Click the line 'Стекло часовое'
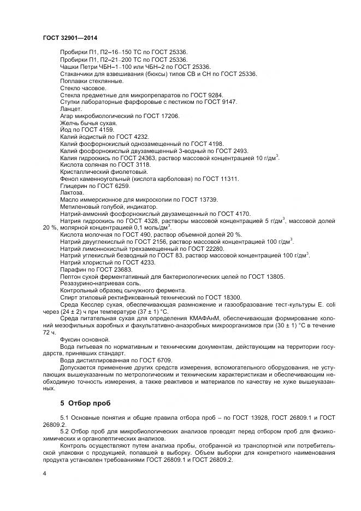pyautogui.click(x=83, y=88)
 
